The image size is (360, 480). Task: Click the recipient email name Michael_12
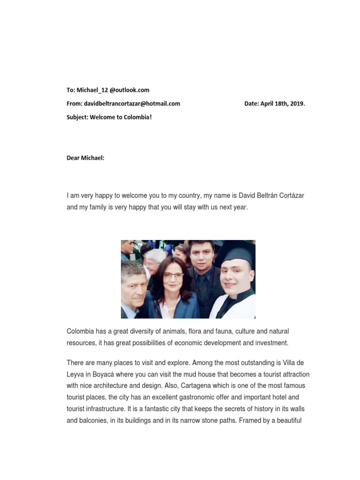point(92,90)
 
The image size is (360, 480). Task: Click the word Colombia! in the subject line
point(138,117)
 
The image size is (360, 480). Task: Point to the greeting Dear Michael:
point(85,158)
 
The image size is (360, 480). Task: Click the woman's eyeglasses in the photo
point(173,275)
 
